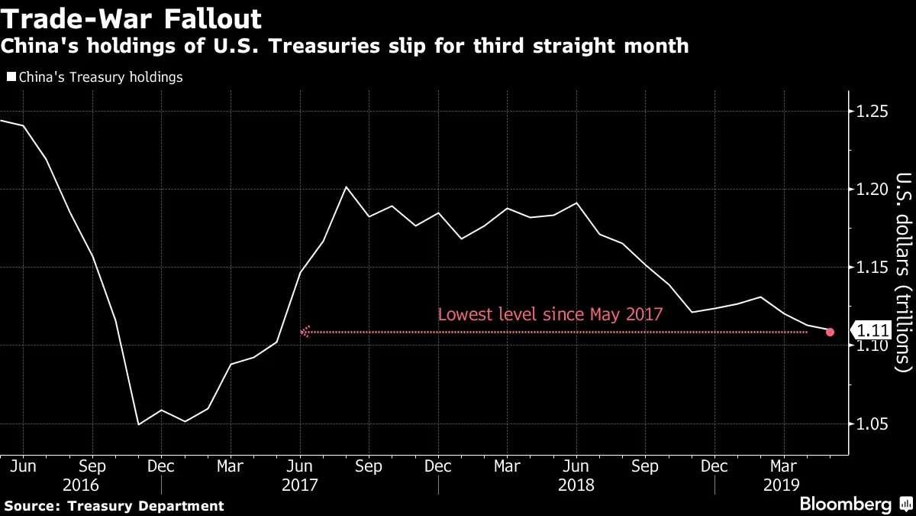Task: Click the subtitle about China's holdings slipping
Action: [x=344, y=47]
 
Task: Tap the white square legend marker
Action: [x=10, y=77]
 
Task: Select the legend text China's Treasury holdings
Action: [x=99, y=77]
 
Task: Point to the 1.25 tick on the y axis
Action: [x=872, y=112]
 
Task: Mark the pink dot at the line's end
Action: [x=831, y=332]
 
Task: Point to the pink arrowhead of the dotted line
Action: [x=305, y=332]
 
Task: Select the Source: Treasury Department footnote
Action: [x=114, y=506]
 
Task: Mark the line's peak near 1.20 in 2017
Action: [x=346, y=187]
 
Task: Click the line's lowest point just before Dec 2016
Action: [x=138, y=424]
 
